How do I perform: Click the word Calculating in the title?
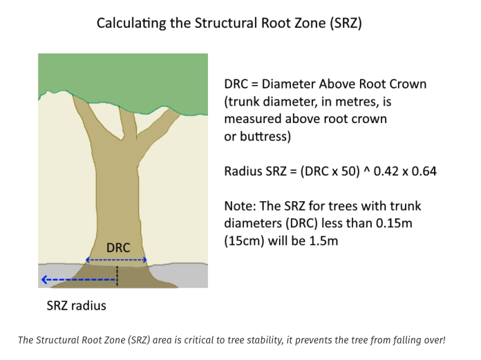point(131,23)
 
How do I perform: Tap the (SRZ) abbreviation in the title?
point(346,23)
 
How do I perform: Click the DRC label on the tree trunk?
point(118,248)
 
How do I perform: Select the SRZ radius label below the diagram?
point(77,305)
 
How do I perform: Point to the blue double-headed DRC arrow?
point(116,260)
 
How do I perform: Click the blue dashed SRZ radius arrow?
point(79,280)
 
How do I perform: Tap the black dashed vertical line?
point(117,276)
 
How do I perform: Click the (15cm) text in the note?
point(244,241)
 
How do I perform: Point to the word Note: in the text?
point(240,206)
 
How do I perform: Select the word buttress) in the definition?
point(265,136)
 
